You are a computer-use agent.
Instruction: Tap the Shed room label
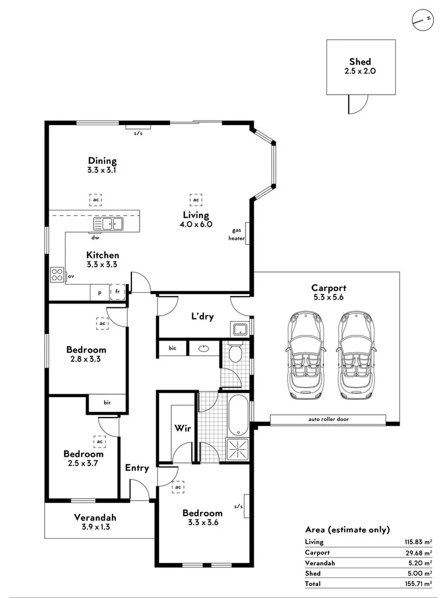click(360, 62)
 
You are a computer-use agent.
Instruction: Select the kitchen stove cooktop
click(57, 275)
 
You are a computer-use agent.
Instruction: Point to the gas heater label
click(237, 233)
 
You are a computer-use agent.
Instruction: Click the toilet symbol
click(235, 353)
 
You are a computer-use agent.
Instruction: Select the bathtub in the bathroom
click(239, 415)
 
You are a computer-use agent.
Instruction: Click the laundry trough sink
click(239, 329)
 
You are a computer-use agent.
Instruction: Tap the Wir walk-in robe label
click(182, 428)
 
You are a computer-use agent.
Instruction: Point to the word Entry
click(136, 468)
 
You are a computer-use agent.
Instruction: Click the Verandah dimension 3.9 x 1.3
click(95, 527)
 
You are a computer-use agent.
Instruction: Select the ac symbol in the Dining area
click(96, 199)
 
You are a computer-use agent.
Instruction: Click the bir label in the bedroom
click(107, 403)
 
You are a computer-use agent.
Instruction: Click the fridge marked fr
click(117, 291)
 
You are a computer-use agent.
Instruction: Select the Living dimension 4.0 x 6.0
click(196, 224)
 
